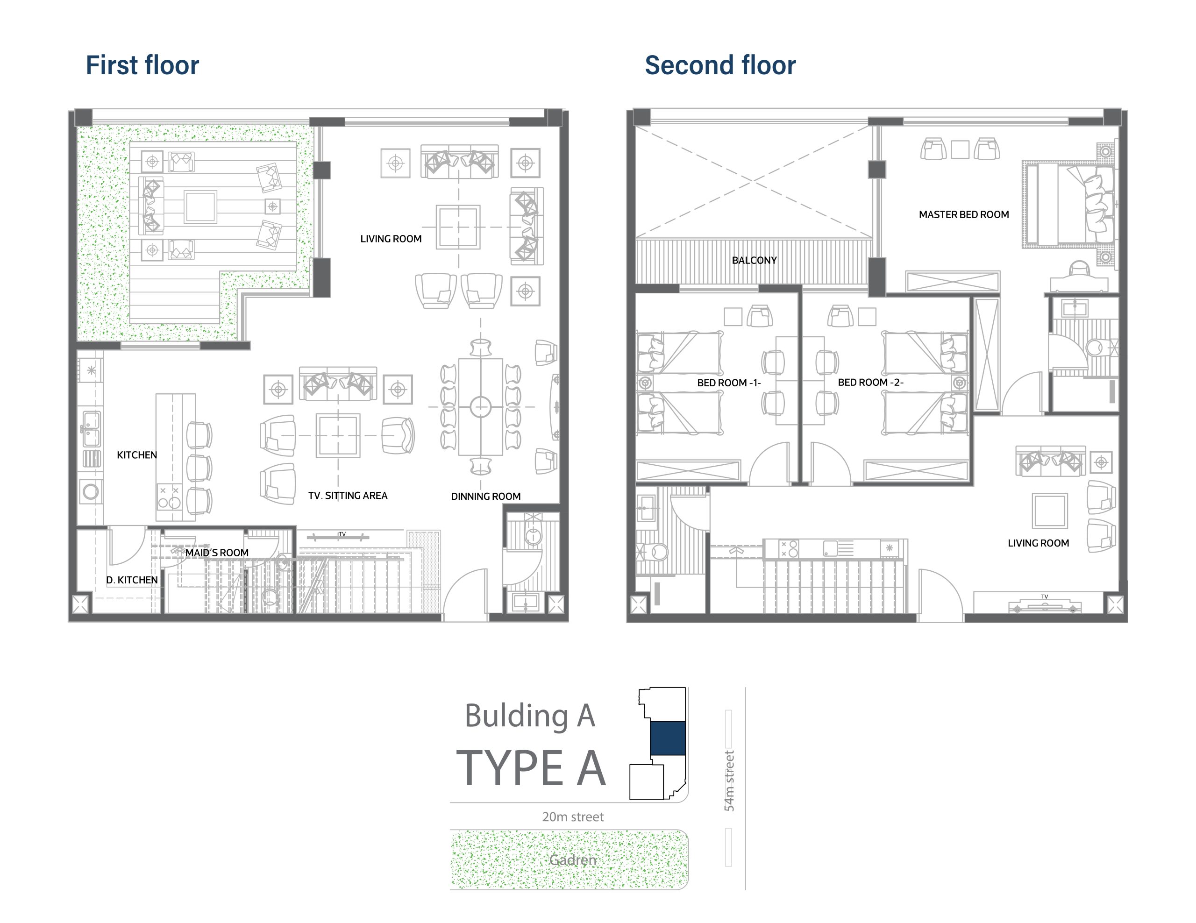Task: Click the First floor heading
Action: coord(142,65)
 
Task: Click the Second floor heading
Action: coord(720,65)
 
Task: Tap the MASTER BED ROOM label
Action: coord(964,214)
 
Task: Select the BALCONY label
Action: coord(754,261)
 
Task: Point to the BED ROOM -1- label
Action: coord(729,383)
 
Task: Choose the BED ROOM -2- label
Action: coord(871,383)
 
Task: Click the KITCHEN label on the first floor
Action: coord(137,455)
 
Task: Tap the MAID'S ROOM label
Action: coord(217,553)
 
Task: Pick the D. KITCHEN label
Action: coord(132,580)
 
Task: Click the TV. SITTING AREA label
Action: coord(348,496)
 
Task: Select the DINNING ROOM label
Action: coord(486,497)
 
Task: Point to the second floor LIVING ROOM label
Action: coord(1038,543)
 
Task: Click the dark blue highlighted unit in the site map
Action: coord(668,738)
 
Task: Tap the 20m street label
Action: coord(573,817)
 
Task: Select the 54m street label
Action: coord(729,781)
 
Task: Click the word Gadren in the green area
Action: coord(573,860)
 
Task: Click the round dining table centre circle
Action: coord(481,407)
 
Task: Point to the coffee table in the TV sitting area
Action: coord(338,435)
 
